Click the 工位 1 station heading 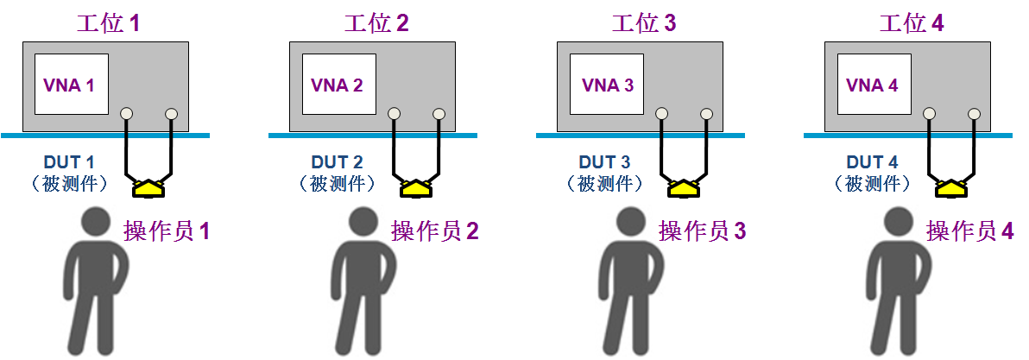point(108,24)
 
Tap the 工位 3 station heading point(643,24)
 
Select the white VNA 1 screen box point(72,85)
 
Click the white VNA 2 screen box point(339,85)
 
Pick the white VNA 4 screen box point(874,85)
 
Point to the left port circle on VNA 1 point(127,114)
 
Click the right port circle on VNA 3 point(707,114)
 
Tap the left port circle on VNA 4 point(929,114)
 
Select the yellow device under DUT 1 point(149,188)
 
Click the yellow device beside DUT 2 point(417,188)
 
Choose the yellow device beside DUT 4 point(952,188)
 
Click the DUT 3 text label point(605,162)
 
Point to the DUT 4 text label point(873,162)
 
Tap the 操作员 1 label point(167,231)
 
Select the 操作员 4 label point(970,231)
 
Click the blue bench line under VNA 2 point(373,136)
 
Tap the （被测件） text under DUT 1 point(69,184)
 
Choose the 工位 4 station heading point(911,24)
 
